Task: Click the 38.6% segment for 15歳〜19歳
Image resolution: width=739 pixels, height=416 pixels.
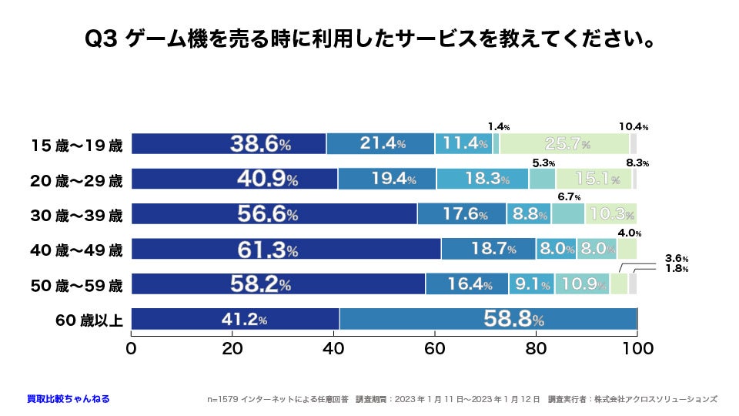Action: pyautogui.click(x=229, y=144)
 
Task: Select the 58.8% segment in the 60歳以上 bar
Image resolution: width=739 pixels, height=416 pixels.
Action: pyautogui.click(x=488, y=319)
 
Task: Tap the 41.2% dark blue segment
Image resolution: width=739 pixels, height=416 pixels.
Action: pyautogui.click(x=235, y=319)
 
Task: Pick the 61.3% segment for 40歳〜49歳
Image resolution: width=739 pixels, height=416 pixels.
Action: pyautogui.click(x=286, y=249)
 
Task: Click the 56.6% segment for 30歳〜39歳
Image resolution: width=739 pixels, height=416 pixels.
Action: pyautogui.click(x=274, y=214)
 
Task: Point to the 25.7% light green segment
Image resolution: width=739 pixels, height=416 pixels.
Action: pyautogui.click(x=564, y=144)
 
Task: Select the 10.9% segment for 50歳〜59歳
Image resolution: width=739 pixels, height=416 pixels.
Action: pyautogui.click(x=582, y=284)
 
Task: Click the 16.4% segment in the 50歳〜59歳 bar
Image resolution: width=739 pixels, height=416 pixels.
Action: pyautogui.click(x=467, y=284)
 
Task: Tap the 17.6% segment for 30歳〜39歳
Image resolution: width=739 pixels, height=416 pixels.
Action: pyautogui.click(x=462, y=214)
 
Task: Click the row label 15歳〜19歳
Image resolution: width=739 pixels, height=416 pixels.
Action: pyautogui.click(x=76, y=144)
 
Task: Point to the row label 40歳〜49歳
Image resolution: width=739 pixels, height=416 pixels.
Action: pyautogui.click(x=76, y=250)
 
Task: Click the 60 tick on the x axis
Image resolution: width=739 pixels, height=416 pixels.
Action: pyautogui.click(x=435, y=348)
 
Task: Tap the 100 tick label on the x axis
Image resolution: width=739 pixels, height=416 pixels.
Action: pyautogui.click(x=637, y=348)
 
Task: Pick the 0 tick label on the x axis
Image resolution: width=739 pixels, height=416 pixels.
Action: pyautogui.click(x=132, y=348)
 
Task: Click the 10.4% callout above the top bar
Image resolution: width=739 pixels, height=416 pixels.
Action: pyautogui.click(x=634, y=126)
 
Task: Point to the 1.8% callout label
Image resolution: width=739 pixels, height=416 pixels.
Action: pyautogui.click(x=677, y=269)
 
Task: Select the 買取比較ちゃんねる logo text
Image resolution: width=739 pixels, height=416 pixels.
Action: pyautogui.click(x=68, y=398)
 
